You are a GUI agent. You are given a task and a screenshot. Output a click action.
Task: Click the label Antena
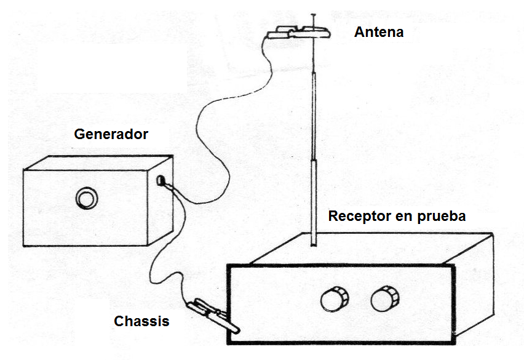tap(379, 32)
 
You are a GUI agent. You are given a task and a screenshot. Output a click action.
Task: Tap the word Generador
tap(111, 134)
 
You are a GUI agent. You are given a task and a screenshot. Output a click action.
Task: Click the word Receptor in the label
tap(358, 217)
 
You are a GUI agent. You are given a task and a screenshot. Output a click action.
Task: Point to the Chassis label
tap(141, 321)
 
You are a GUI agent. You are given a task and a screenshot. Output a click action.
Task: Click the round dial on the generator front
tap(85, 198)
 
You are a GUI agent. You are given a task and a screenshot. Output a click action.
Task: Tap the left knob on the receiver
tap(334, 300)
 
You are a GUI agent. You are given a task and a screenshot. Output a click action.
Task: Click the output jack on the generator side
tap(162, 181)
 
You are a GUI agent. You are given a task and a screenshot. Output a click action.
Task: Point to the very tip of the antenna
tap(314, 12)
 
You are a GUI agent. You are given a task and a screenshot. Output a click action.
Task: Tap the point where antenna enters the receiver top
tap(313, 246)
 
